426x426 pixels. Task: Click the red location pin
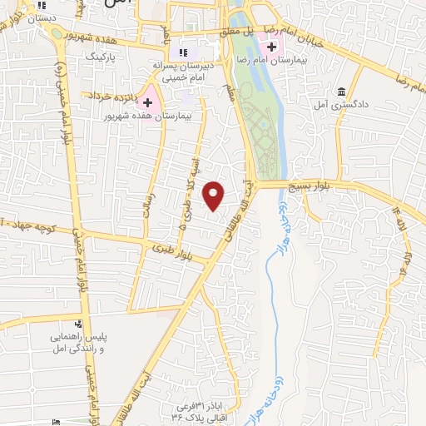[215, 196]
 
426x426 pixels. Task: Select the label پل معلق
[237, 31]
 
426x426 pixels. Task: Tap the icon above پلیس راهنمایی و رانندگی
[77, 324]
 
